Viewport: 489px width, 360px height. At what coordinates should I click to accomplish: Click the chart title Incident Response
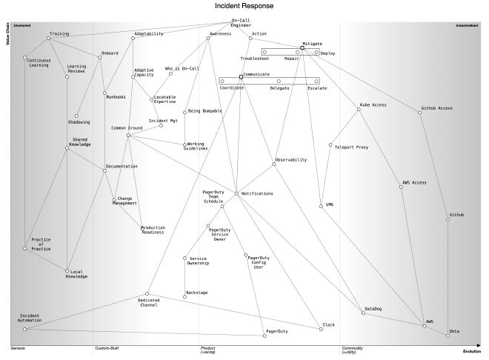[244, 5]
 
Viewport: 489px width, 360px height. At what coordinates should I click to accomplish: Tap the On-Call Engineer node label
[242, 24]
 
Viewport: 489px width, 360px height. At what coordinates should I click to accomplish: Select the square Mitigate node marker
[302, 48]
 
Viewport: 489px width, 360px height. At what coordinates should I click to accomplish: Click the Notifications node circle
[236, 193]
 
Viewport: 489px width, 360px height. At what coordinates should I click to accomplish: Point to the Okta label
[454, 330]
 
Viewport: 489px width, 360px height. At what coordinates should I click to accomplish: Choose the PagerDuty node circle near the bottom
[265, 336]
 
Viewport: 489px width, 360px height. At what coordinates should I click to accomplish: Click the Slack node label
[330, 325]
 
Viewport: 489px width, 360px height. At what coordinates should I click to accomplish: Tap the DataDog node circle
[363, 313]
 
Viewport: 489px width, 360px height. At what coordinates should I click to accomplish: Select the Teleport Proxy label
[351, 147]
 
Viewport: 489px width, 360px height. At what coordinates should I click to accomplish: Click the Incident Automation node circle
[24, 329]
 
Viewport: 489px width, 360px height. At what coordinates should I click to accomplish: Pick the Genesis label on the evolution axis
[19, 347]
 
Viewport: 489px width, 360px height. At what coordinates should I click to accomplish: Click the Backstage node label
[196, 292]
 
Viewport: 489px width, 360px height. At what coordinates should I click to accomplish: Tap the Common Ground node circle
[128, 135]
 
